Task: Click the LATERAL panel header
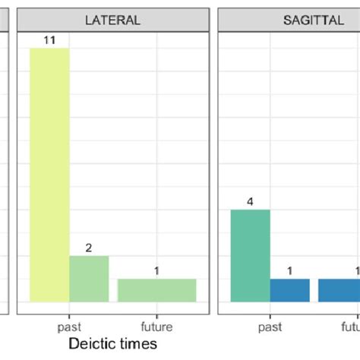[x=113, y=21]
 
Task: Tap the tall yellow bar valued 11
[x=49, y=175]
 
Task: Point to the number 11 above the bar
[x=49, y=40]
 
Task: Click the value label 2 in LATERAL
[x=89, y=248]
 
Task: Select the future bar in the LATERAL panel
[x=156, y=290]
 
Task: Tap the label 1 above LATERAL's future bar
[x=156, y=271]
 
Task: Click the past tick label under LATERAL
[x=69, y=327]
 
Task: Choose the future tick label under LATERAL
[x=156, y=327]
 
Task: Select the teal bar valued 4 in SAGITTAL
[x=250, y=255]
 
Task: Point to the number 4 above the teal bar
[x=250, y=202]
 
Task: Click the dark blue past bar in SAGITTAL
[x=289, y=290]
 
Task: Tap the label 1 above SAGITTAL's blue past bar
[x=289, y=271]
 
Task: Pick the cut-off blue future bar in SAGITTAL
[x=339, y=290]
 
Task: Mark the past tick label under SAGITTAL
[x=270, y=327]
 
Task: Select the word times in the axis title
[x=141, y=344]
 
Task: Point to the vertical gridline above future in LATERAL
[x=156, y=152]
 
